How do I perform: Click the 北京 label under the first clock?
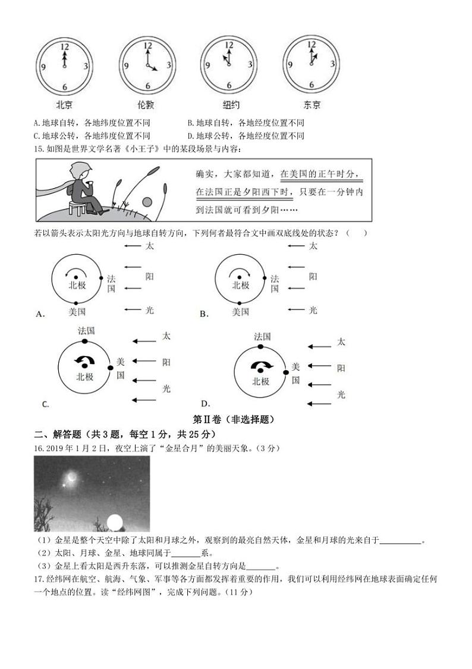(64, 105)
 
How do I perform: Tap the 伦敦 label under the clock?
(146, 105)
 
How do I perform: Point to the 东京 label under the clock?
(312, 105)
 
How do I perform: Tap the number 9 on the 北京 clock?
(43, 66)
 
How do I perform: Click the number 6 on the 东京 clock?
(311, 86)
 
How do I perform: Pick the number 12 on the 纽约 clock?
(229, 46)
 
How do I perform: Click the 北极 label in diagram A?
(77, 285)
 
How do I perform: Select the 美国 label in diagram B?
(240, 311)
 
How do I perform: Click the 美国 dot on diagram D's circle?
(286, 372)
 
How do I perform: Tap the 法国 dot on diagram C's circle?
(85, 342)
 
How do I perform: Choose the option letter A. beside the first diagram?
(41, 314)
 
